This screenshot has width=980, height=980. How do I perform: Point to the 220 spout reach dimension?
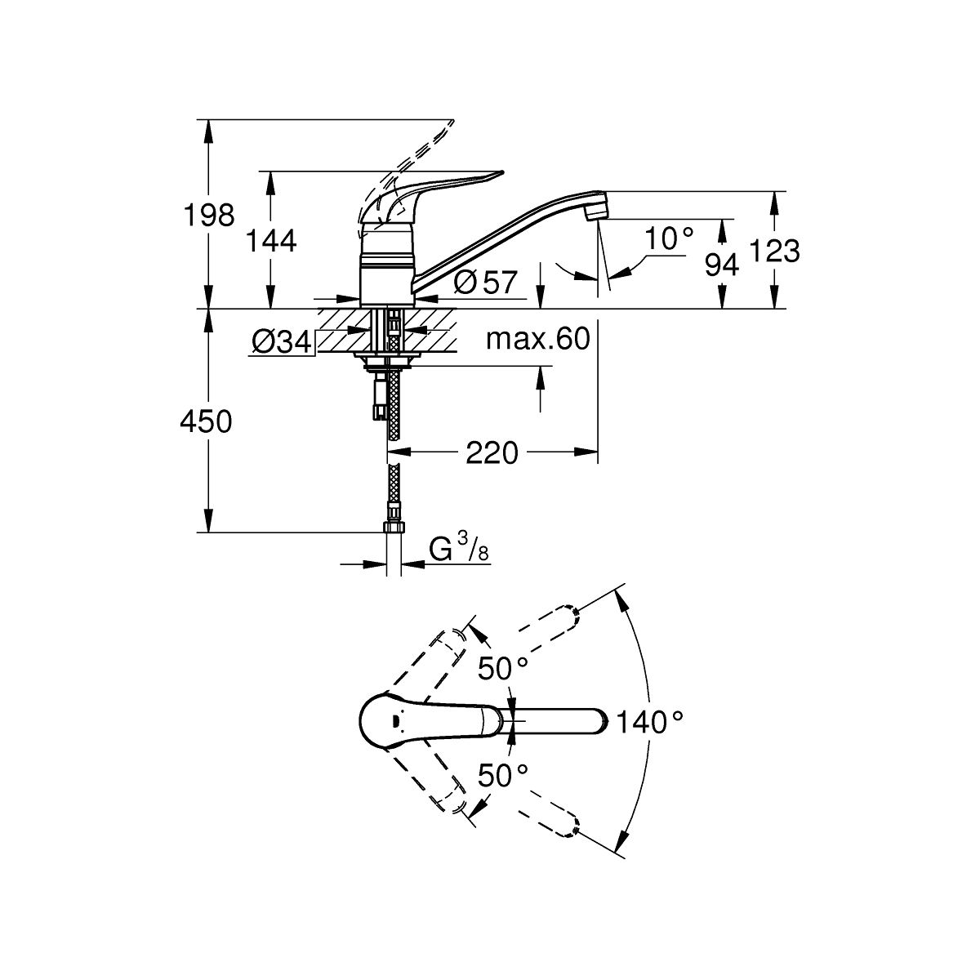[x=492, y=452]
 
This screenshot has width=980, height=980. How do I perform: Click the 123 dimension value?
[x=775, y=251]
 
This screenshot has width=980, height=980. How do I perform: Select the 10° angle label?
[x=668, y=238]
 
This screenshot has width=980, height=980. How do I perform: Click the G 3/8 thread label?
[x=459, y=552]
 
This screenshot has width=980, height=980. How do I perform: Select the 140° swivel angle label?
[x=649, y=722]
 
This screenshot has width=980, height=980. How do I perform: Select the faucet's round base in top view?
[x=392, y=721]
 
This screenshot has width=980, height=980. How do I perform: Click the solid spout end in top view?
[x=592, y=721]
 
